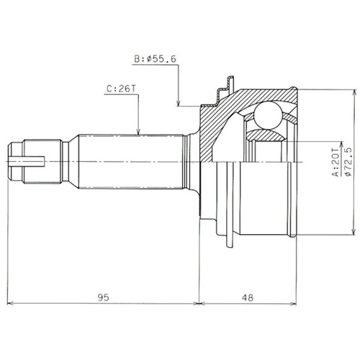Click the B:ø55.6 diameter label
156,59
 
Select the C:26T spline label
121,89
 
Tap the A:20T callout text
336,162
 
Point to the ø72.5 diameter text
348,161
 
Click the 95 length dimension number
103,297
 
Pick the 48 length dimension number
248,298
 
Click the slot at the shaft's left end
26,161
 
